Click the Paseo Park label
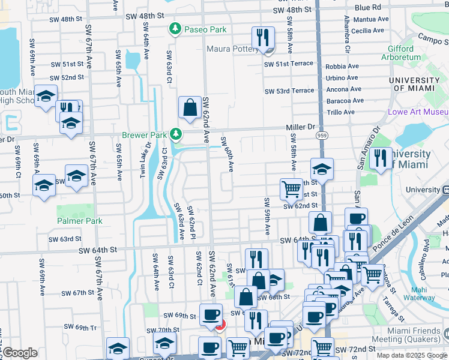tap(205, 29)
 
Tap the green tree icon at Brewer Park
tap(176, 133)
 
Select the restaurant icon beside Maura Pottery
tap(262, 38)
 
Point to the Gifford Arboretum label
tap(392, 53)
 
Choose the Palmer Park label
tap(80, 221)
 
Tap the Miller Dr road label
tap(303, 127)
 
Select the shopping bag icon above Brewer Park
tap(190, 109)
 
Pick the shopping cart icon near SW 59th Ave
tap(291, 189)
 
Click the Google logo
tap(20, 353)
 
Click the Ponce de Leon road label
tap(394, 234)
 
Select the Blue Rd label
tap(368, 8)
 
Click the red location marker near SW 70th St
tap(220, 326)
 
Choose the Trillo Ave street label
tap(340, 112)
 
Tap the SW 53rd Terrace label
tap(289, 91)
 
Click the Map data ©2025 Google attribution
tap(411, 355)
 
